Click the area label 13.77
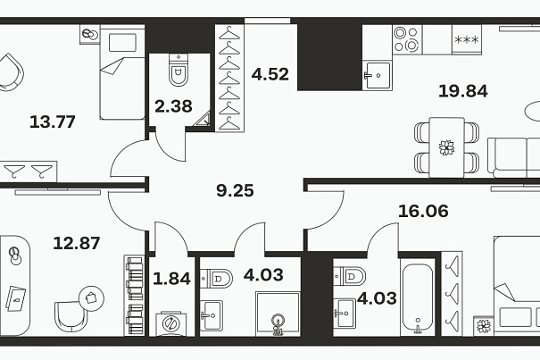[53, 122]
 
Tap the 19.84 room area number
[463, 91]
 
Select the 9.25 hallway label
[235, 190]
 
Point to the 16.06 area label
[423, 211]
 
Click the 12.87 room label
[77, 243]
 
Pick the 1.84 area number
[171, 279]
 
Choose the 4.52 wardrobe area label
[270, 74]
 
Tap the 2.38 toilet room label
[173, 106]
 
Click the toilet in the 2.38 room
[179, 70]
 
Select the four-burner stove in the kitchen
[407, 39]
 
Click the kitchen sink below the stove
[378, 75]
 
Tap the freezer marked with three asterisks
[467, 39]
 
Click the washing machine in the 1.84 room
[170, 323]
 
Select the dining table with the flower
[446, 147]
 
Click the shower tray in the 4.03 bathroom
[278, 314]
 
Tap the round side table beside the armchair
[92, 298]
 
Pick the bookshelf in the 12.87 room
[134, 296]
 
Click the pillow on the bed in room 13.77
[122, 43]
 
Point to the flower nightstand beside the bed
[484, 325]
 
